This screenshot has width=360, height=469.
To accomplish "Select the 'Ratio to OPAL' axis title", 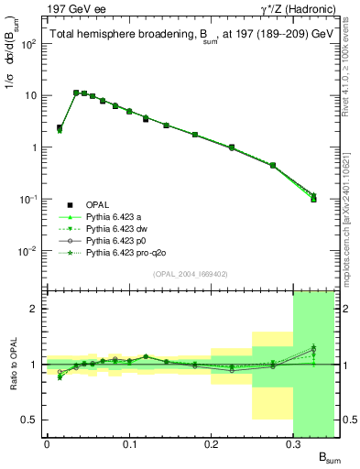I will (12, 364).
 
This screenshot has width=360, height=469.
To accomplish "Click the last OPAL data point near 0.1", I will (313, 199).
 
